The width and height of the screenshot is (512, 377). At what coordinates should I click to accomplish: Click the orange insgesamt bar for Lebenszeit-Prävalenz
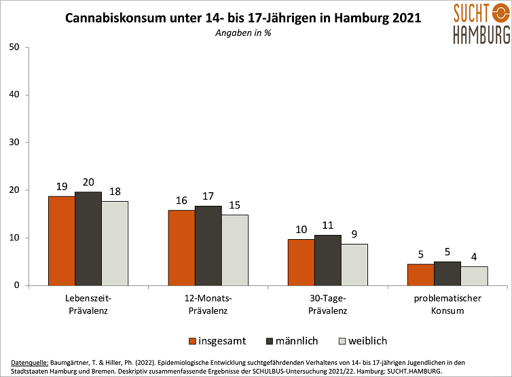[62, 241]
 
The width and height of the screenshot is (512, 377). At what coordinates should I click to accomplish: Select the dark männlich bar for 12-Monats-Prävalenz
[208, 246]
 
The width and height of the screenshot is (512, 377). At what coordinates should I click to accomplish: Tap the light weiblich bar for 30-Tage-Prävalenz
[354, 265]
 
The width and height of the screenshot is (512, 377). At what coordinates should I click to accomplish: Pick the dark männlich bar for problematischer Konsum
[447, 274]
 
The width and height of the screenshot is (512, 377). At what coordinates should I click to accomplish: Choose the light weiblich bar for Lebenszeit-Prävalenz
[115, 244]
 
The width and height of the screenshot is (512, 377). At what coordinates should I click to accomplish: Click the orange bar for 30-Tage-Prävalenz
[301, 263]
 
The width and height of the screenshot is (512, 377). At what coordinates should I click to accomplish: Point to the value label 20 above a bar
[88, 182]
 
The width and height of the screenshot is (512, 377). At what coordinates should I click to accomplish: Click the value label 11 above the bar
[328, 226]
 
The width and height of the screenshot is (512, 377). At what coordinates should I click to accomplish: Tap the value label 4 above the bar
[474, 257]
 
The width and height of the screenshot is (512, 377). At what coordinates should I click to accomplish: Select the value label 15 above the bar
[234, 205]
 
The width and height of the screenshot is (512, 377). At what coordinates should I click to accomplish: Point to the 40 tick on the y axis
[14, 94]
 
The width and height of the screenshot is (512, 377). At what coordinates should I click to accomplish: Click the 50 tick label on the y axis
[14, 47]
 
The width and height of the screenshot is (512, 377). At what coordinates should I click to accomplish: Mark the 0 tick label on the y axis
[17, 285]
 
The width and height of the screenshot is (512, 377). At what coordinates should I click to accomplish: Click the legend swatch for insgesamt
[192, 342]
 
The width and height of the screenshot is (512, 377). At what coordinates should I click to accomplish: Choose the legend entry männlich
[292, 341]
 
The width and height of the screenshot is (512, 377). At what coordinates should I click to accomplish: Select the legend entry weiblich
[363, 341]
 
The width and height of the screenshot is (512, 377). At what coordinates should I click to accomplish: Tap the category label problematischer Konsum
[447, 304]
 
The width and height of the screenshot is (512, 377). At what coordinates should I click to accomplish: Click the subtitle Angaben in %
[243, 33]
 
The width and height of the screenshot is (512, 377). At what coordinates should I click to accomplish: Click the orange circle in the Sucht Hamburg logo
[501, 13]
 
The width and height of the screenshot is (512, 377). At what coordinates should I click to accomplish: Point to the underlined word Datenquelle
[30, 363]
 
